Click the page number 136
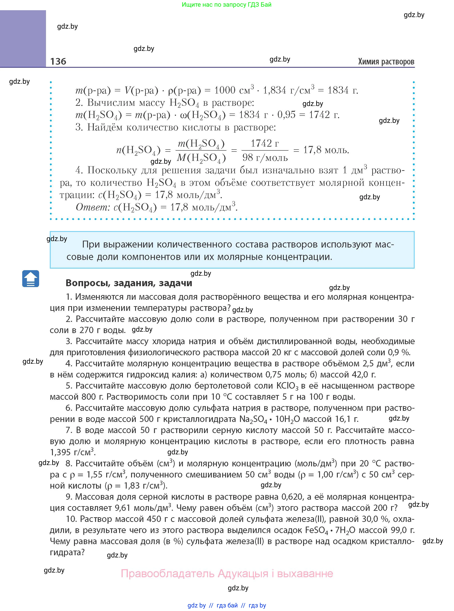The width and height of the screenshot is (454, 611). click(58, 61)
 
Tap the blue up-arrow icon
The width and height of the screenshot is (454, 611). click(30, 279)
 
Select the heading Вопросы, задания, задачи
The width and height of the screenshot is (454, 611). click(129, 283)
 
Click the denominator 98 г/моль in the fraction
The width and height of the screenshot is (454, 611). click(265, 158)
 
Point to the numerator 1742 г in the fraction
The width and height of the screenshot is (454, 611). click(265, 143)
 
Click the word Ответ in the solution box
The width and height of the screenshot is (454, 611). click(93, 207)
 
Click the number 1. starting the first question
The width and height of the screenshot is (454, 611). click(69, 297)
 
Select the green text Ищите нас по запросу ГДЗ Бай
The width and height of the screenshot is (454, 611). click(226, 5)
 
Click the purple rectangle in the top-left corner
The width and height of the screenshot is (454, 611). click(23, 38)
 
